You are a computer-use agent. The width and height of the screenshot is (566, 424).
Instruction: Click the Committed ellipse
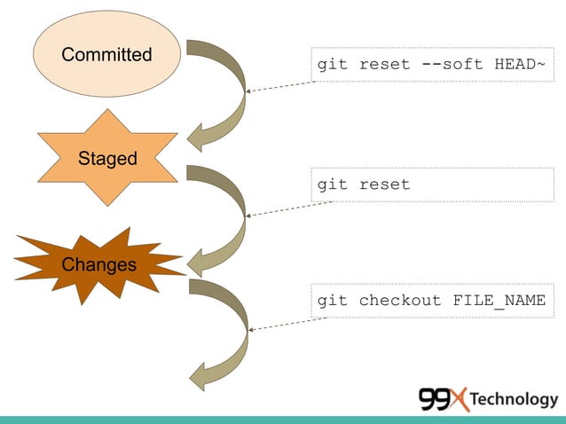[106, 54]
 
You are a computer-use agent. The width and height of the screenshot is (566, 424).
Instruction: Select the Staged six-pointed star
[107, 158]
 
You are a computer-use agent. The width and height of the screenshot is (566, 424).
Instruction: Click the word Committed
[106, 55]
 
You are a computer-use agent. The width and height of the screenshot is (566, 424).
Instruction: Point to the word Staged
[107, 159]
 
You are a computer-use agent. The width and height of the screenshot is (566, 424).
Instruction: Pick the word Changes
[98, 264]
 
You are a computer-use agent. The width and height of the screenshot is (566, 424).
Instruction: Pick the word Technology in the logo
[514, 399]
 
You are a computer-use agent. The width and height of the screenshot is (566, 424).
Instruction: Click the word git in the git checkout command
[333, 300]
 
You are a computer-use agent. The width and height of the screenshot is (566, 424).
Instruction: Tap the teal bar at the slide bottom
[283, 419]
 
